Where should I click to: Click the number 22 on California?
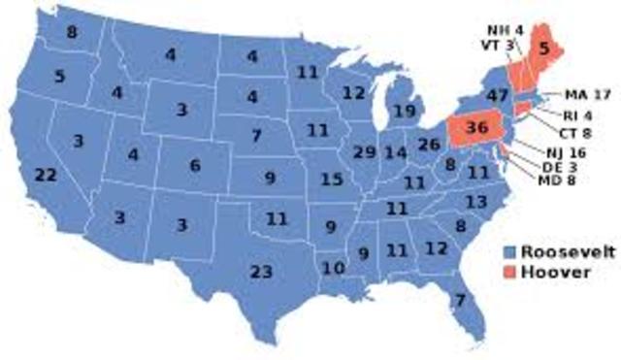[x=46, y=175]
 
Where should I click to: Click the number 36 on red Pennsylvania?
[x=476, y=128]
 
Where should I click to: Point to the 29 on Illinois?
[x=365, y=153]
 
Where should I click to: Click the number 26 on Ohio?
[x=429, y=147]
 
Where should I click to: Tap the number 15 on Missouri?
[x=332, y=180]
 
